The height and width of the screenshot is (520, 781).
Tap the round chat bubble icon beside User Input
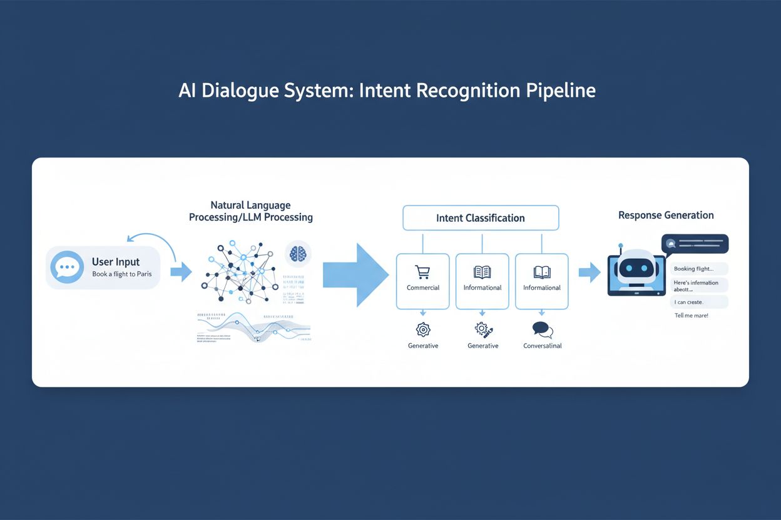tap(66, 267)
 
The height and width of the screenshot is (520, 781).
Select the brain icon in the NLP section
tap(298, 254)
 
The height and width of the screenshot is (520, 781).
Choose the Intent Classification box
tap(480, 218)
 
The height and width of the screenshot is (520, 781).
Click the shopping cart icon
tap(422, 272)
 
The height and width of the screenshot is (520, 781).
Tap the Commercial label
tap(423, 287)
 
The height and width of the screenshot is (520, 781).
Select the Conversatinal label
tap(542, 346)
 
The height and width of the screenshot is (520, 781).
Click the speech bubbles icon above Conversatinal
tap(542, 329)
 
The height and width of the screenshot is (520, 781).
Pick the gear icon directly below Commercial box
tap(423, 329)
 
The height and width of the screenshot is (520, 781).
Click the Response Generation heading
tap(666, 215)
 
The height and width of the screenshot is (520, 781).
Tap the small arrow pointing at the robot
tap(589, 272)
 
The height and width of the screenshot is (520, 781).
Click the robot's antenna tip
tap(620, 246)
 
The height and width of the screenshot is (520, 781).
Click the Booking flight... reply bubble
tap(699, 269)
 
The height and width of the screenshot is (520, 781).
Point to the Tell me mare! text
tap(692, 316)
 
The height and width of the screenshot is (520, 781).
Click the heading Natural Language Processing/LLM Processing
tap(250, 211)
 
